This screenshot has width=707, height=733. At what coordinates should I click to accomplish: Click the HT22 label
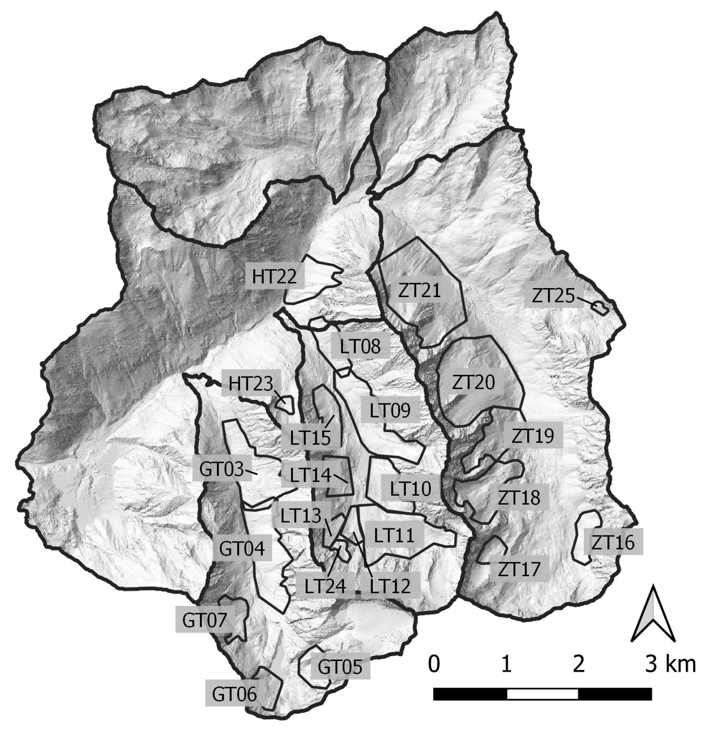[x=274, y=276]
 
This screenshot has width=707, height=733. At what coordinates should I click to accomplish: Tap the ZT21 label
[x=419, y=291]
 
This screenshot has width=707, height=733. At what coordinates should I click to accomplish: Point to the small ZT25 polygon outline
[x=600, y=307]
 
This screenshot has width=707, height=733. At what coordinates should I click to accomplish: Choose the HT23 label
[x=250, y=384]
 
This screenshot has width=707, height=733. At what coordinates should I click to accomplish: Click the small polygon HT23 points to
[x=285, y=403]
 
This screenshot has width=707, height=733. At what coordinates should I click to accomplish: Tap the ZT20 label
[x=473, y=383]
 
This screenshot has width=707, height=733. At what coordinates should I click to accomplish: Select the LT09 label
[x=390, y=411]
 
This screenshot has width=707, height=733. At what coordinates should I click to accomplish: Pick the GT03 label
[x=221, y=469]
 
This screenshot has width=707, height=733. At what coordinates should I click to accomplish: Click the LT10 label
[x=410, y=489]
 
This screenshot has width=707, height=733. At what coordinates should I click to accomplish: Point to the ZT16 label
[x=613, y=543]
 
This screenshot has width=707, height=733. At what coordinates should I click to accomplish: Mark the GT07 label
[x=205, y=620]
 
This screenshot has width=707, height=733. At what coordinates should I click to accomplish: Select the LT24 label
[x=325, y=586]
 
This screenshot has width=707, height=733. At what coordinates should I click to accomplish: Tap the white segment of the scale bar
[x=542, y=694]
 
